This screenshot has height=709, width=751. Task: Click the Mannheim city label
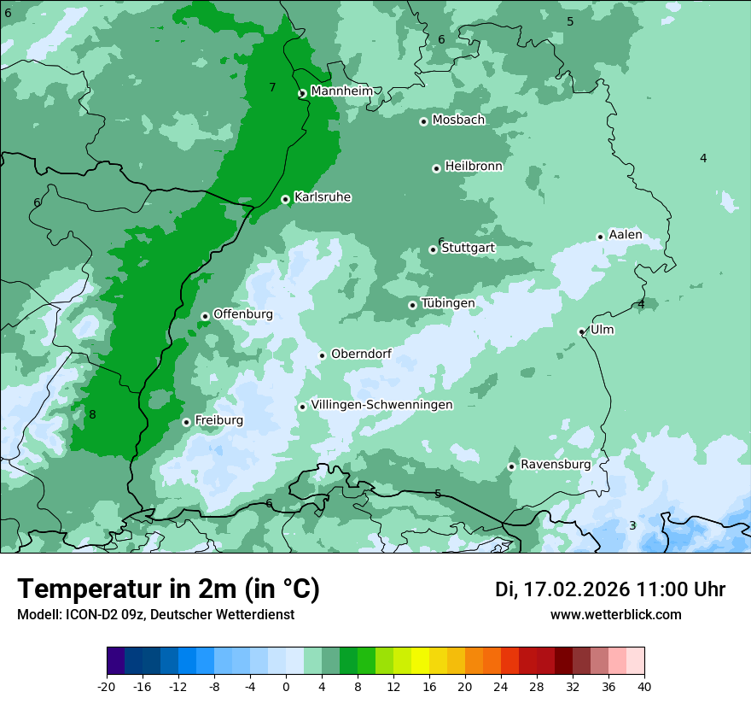point(341,91)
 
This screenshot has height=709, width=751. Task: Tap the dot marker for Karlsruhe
point(285,199)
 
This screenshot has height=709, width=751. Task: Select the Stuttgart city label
point(468,248)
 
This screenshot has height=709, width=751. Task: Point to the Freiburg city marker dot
point(186,422)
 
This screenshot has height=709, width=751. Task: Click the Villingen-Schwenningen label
point(381,405)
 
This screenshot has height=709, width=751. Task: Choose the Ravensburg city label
point(556,465)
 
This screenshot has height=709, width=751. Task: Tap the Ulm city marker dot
point(581,331)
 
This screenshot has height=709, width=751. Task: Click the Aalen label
point(626,235)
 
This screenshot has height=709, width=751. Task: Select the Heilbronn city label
point(474,167)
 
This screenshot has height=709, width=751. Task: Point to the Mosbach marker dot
point(423,121)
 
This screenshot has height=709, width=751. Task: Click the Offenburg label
point(243,314)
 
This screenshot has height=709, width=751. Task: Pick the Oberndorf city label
point(361,354)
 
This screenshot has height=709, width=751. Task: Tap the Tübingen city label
point(448,303)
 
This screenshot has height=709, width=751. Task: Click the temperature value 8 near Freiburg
point(92,415)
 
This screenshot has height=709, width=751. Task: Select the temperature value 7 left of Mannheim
point(272,87)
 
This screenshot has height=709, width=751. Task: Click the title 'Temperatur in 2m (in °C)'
point(168,589)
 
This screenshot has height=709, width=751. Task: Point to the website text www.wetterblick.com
point(615,615)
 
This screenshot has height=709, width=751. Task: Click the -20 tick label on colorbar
point(107,687)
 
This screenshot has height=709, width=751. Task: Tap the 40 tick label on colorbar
point(643,687)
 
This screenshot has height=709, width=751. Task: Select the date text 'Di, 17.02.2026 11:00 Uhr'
point(609,589)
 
